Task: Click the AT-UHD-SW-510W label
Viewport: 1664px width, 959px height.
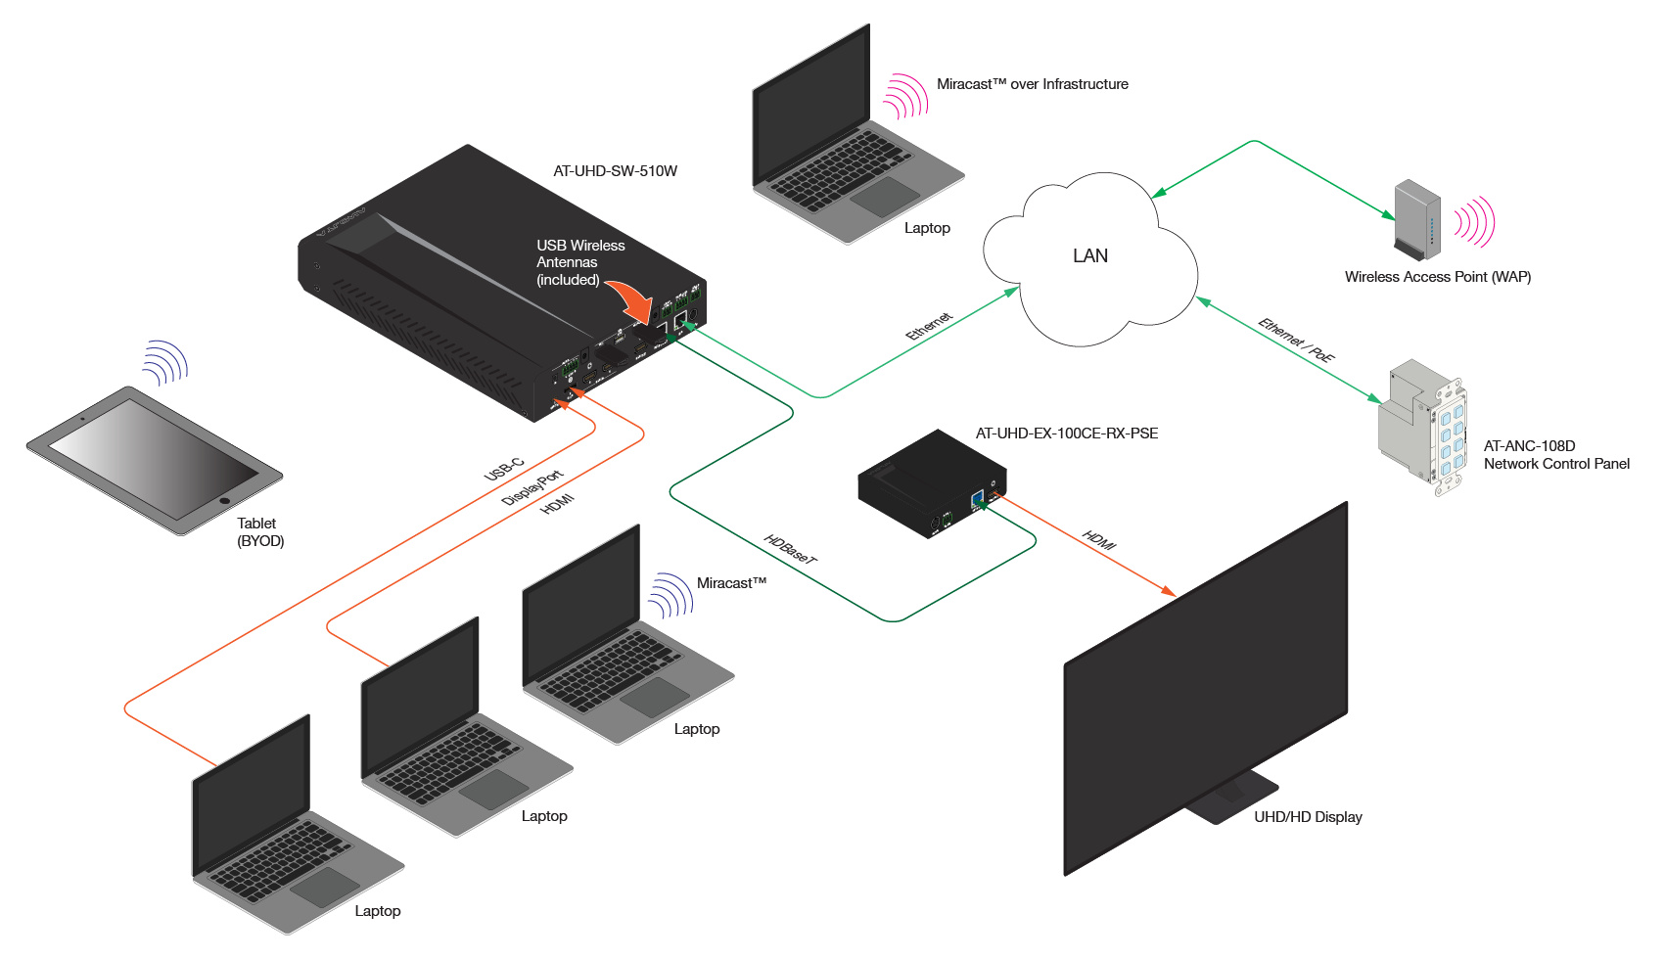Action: click(615, 171)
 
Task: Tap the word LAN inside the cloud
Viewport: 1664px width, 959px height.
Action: click(1089, 256)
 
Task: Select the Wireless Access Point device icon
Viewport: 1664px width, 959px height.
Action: click(1416, 219)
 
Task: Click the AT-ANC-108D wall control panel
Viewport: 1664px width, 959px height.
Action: click(1424, 426)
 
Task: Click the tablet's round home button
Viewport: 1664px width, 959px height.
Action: click(225, 501)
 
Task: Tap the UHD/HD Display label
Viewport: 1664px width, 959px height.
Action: click(1308, 817)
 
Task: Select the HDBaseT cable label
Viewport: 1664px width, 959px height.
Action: click(790, 549)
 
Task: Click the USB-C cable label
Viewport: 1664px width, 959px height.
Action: click(504, 470)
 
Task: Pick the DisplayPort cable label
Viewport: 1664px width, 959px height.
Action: click(532, 487)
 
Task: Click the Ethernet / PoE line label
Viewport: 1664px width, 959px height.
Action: click(1296, 340)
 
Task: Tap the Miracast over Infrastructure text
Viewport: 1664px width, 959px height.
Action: click(1032, 84)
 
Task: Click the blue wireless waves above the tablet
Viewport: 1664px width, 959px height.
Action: click(164, 362)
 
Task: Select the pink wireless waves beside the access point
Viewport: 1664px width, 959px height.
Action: click(1474, 222)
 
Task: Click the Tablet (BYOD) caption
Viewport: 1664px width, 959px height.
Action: click(260, 532)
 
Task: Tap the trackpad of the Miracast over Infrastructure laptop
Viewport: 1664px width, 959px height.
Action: click(885, 197)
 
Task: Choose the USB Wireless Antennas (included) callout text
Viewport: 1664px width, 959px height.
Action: click(580, 262)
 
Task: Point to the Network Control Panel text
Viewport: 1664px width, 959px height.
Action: click(1556, 464)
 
